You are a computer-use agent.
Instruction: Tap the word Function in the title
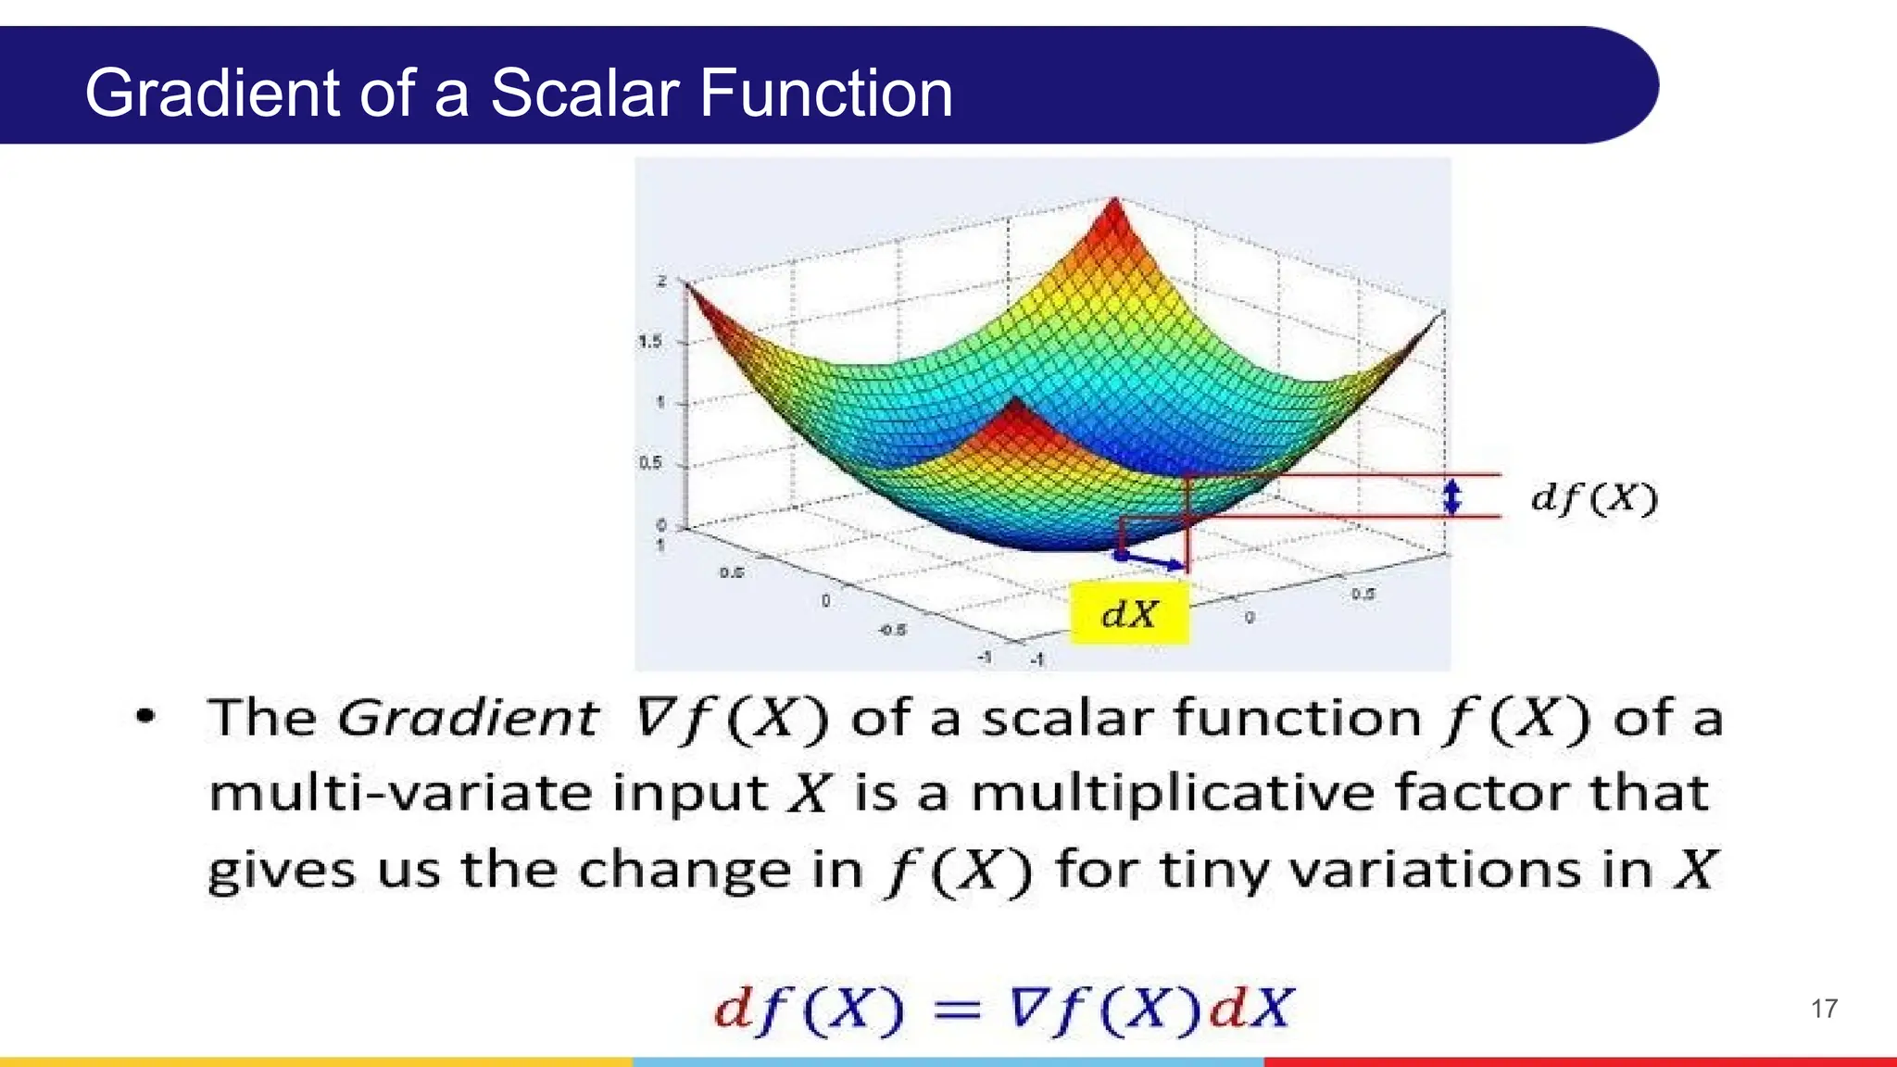pyautogui.click(x=825, y=94)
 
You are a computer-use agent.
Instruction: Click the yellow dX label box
pyautogui.click(x=1129, y=613)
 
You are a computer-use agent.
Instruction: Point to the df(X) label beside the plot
pyautogui.click(x=1593, y=498)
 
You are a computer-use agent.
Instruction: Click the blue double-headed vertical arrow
pyautogui.click(x=1452, y=496)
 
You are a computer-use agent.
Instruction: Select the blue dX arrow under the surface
pyautogui.click(x=1152, y=559)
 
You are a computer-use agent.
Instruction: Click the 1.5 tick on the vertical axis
pyautogui.click(x=650, y=342)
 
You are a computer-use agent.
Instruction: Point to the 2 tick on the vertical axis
pyautogui.click(x=661, y=281)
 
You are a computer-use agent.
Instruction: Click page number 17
pyautogui.click(x=1824, y=1009)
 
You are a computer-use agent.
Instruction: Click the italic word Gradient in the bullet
pyautogui.click(x=468, y=718)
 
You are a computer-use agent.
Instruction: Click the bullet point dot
pyautogui.click(x=145, y=716)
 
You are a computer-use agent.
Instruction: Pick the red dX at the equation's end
pyautogui.click(x=1250, y=1008)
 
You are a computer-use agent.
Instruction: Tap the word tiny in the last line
pyautogui.click(x=1215, y=872)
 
